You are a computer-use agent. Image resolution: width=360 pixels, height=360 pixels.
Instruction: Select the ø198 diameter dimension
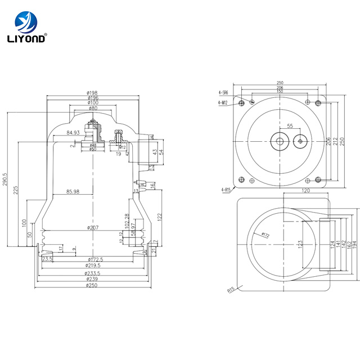92,93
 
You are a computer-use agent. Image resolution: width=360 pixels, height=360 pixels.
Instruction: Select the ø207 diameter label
93,227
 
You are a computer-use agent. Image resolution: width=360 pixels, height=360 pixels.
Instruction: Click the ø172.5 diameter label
94,259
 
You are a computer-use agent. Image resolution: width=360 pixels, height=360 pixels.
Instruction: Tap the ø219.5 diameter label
94,265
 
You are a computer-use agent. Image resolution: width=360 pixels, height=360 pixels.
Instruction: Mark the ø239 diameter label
92,278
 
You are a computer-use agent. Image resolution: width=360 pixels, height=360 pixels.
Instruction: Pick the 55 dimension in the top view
290,125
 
